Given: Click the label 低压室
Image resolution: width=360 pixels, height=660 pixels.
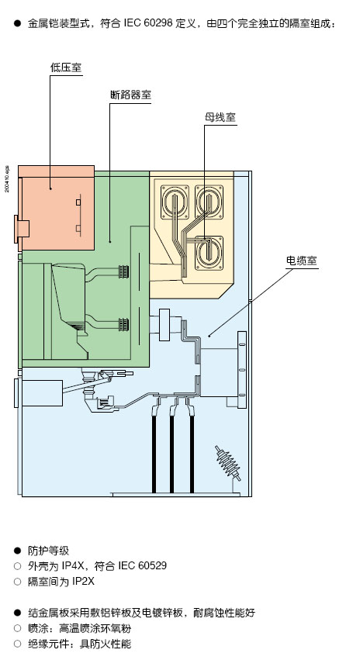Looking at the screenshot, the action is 66,67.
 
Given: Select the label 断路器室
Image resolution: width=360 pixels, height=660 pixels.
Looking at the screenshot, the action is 130,95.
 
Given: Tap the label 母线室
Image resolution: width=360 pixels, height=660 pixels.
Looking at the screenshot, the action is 220,117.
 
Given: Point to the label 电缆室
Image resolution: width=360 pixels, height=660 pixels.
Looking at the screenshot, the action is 302,261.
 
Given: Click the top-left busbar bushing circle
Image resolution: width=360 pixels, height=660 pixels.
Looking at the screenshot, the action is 175,202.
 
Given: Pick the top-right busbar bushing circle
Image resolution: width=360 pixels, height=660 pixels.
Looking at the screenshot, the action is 209,202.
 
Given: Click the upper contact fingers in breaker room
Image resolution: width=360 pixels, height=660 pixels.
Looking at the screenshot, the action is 124,272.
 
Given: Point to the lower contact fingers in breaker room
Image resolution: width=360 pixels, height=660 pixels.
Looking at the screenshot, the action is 124,324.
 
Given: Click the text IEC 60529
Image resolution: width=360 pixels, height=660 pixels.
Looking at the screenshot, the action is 142,565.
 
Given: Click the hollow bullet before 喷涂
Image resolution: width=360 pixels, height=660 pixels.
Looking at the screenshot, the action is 17,628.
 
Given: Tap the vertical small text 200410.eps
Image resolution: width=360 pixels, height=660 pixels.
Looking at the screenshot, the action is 7,179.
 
